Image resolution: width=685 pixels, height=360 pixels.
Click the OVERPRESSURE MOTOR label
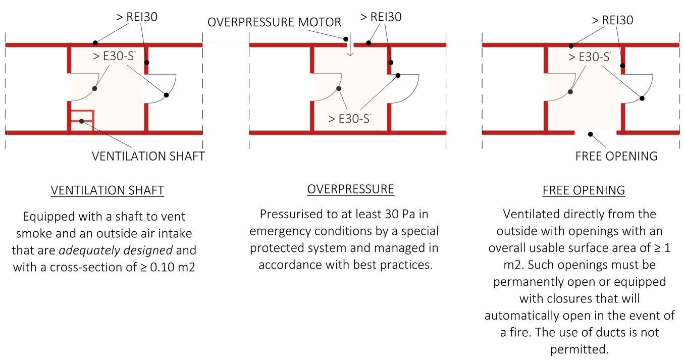274,22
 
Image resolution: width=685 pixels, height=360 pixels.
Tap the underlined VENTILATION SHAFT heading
107,190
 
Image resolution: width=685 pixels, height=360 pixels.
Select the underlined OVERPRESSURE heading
350,189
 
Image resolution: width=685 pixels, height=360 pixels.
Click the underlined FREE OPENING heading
584,190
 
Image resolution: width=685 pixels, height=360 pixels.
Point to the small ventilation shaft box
81,121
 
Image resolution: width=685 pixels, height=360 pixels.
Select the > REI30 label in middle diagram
381,17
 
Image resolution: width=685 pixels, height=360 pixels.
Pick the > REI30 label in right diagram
612,20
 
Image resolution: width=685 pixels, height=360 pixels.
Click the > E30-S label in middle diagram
349,119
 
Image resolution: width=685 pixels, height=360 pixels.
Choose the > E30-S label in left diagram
114,56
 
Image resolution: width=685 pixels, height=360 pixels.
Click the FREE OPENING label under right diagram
616,156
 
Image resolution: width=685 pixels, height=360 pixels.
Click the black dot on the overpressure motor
346,38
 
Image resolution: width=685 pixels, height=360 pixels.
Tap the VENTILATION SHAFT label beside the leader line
148,156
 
